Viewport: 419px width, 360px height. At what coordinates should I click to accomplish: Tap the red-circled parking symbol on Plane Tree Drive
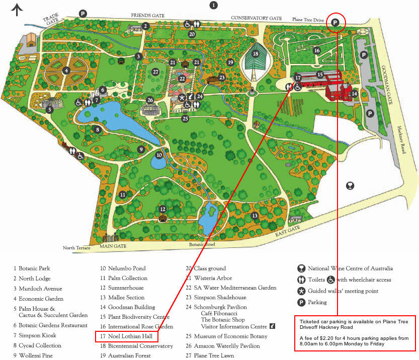click(336, 22)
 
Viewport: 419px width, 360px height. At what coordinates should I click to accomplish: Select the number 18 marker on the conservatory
click(256, 54)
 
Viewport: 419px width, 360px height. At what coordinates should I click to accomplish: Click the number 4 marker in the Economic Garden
click(66, 71)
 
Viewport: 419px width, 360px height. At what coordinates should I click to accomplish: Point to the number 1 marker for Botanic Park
click(214, 5)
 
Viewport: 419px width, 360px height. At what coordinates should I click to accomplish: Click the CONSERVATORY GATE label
click(256, 18)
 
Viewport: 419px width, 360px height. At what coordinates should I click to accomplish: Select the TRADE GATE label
click(51, 20)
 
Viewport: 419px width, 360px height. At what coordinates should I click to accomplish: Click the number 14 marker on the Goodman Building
click(354, 94)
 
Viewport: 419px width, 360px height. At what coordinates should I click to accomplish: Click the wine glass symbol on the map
click(350, 186)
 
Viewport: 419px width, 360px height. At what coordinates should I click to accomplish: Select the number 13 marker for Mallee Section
click(255, 216)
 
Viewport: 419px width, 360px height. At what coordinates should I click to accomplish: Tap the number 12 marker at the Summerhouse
click(162, 209)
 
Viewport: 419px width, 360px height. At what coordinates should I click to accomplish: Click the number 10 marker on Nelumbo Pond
click(159, 155)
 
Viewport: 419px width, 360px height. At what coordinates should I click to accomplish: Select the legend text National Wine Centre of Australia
click(350, 268)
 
